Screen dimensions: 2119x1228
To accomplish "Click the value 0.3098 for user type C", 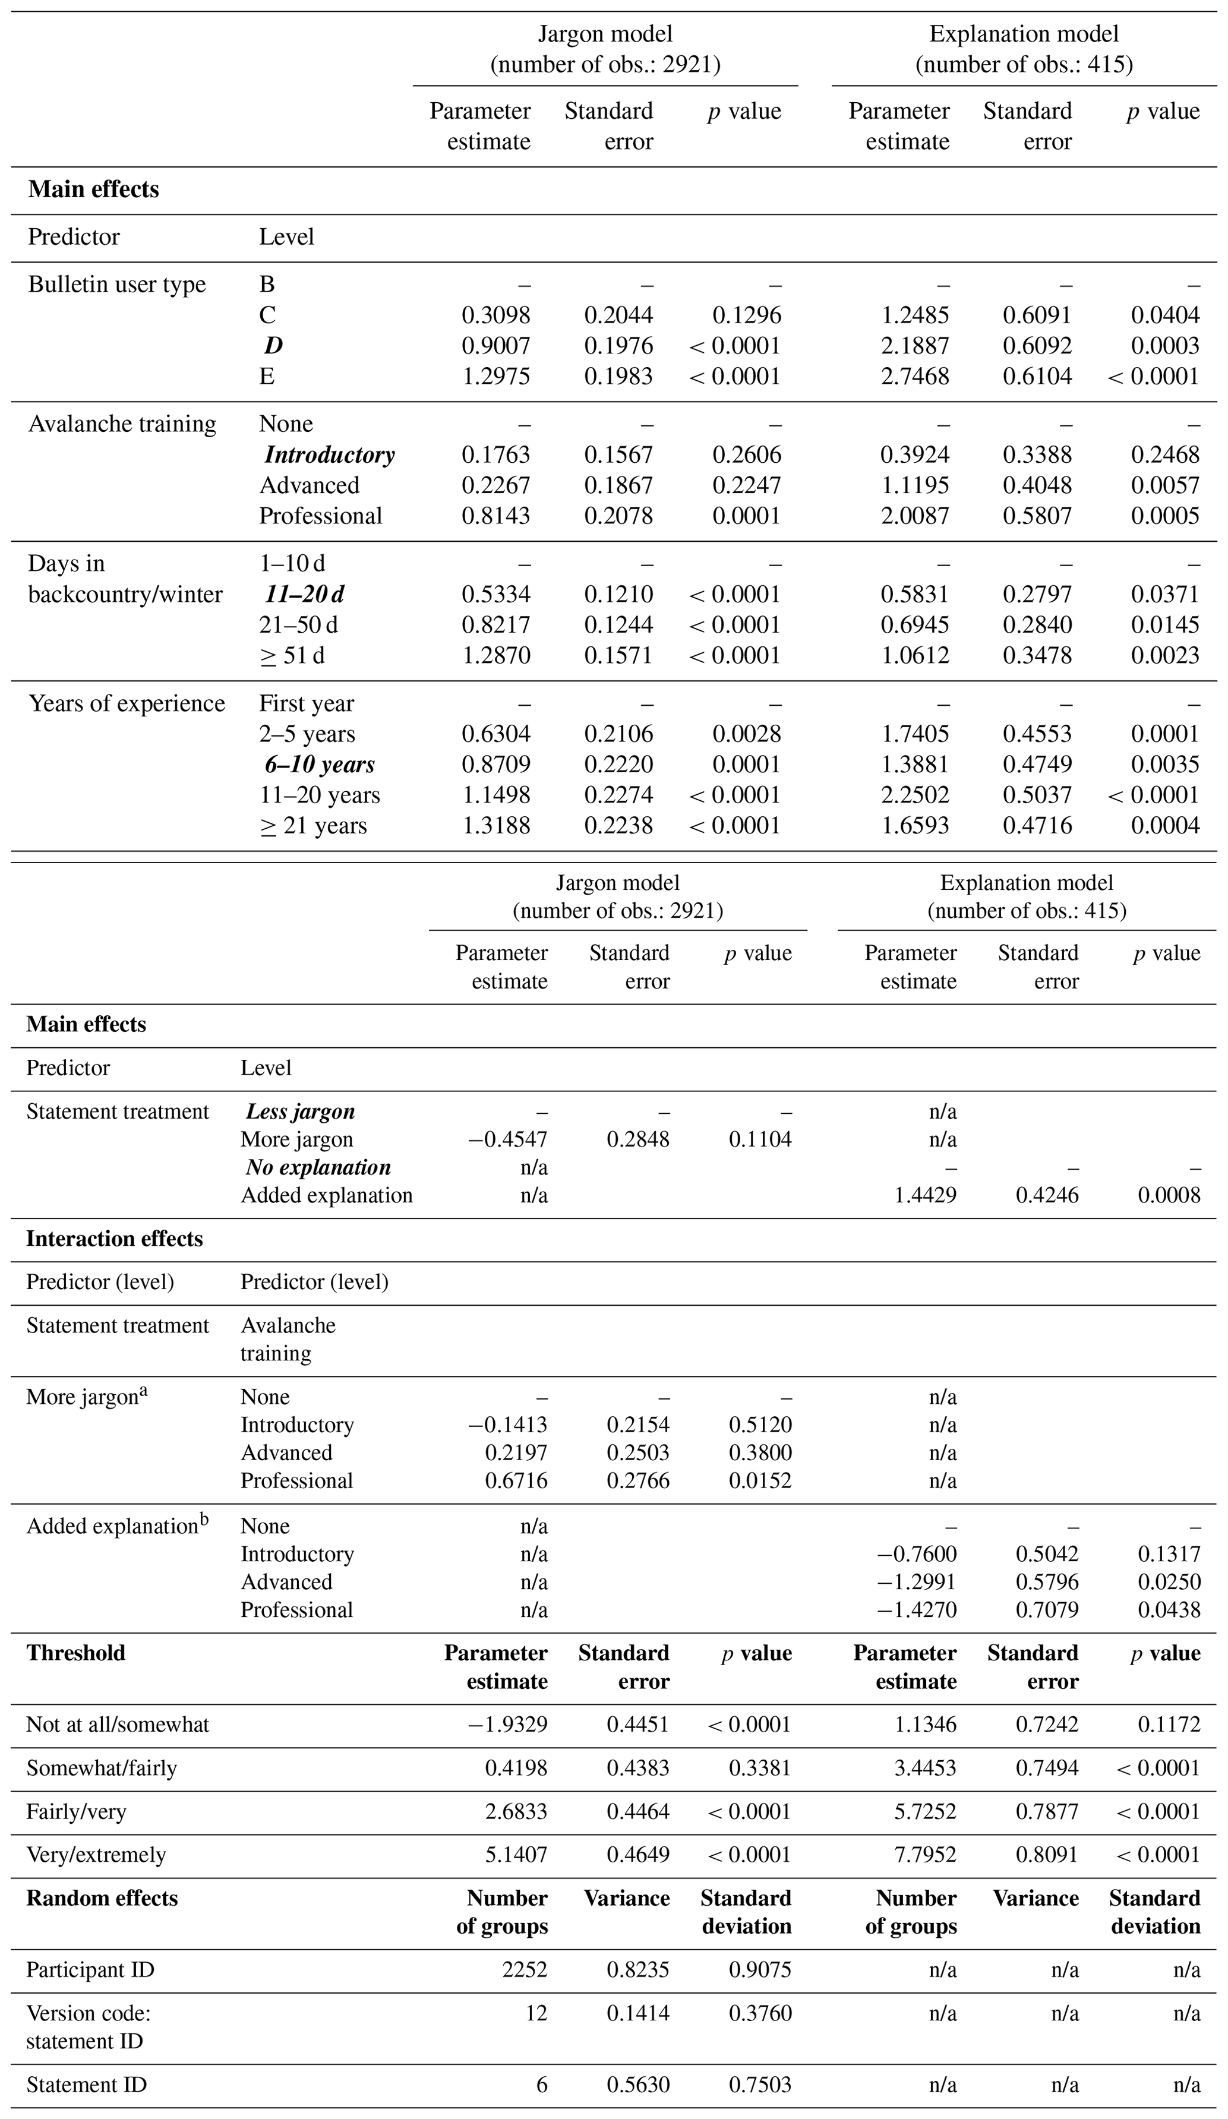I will [x=495, y=315].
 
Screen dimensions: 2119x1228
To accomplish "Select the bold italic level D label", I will [x=273, y=346].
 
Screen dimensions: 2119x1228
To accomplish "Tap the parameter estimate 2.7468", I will [x=914, y=376].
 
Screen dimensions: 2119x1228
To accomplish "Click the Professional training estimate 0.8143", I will [x=495, y=516].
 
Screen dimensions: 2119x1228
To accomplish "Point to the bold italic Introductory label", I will [x=329, y=455].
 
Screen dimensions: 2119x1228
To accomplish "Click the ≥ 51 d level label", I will [x=291, y=656].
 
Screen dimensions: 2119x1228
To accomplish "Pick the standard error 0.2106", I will [x=618, y=734].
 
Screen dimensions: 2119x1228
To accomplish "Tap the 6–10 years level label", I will [x=320, y=765].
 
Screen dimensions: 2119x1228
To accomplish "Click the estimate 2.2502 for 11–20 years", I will [x=914, y=795].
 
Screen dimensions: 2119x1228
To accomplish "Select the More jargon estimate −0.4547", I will [x=507, y=1139].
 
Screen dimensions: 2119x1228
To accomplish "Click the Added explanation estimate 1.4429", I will [x=924, y=1195].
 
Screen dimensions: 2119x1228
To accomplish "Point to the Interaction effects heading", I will [x=115, y=1239].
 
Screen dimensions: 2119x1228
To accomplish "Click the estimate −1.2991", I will [x=916, y=1582].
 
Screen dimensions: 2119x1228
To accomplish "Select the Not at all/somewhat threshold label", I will [x=117, y=1725].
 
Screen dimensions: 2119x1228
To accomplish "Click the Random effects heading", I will [x=102, y=1898].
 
